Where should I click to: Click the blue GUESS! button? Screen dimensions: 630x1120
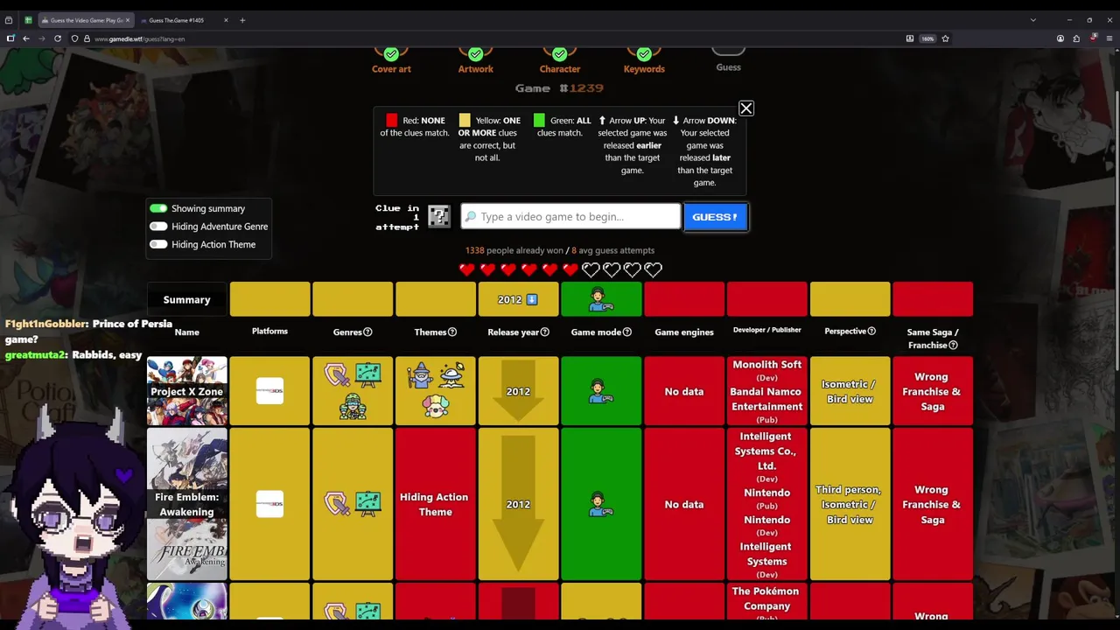point(715,217)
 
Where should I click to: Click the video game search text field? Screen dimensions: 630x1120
point(570,217)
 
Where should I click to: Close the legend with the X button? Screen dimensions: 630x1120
point(745,108)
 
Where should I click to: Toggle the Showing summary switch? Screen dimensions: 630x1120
point(158,208)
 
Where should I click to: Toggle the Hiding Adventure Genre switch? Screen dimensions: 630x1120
point(158,227)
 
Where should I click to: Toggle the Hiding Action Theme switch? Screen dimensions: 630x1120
point(158,245)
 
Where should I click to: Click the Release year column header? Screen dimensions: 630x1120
point(518,332)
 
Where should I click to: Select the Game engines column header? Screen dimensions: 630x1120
point(684,332)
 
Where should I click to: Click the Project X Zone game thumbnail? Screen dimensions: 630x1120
point(186,391)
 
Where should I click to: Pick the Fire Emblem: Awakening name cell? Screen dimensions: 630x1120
point(186,504)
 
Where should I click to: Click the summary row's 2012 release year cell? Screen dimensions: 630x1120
point(518,299)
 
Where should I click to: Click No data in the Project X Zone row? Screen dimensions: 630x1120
point(684,392)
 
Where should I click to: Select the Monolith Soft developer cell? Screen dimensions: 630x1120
point(766,365)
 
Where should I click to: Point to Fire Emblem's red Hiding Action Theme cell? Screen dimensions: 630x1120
point(435,504)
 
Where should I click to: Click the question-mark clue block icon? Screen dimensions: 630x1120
point(438,216)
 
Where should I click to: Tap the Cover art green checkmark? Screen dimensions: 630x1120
point(391,54)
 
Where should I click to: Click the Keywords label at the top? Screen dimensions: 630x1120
point(644,69)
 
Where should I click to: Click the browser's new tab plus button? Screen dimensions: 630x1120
point(242,20)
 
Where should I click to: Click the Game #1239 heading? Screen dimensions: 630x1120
point(559,88)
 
